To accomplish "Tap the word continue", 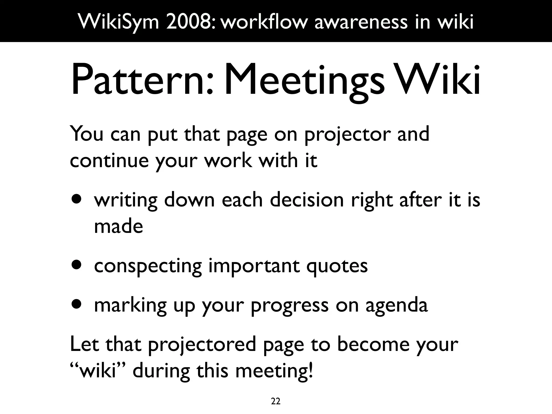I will [109, 161].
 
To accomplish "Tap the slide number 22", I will [275, 401].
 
